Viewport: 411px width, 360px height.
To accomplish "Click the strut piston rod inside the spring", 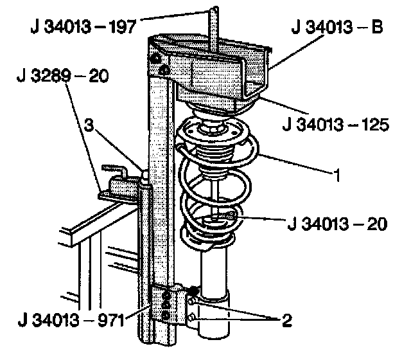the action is [213, 193].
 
